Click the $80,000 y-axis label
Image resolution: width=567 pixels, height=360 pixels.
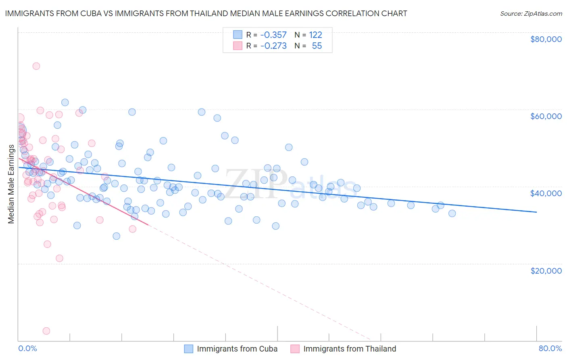[546, 39]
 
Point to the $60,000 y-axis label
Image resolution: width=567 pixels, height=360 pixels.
[546, 116]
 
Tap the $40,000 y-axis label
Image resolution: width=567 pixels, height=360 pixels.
[546, 193]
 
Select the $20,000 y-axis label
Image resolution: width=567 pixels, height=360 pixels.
[546, 270]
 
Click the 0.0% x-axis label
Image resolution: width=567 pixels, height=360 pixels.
[27, 348]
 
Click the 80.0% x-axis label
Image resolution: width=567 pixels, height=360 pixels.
[550, 348]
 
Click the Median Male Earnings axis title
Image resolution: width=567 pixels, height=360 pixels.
[11, 184]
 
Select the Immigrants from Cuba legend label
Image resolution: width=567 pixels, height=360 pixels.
[237, 349]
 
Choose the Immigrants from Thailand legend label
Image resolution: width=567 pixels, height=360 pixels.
[350, 349]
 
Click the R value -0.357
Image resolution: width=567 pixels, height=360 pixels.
[273, 35]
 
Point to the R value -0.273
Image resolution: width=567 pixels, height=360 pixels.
[273, 46]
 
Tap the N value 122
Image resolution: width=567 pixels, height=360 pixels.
[315, 35]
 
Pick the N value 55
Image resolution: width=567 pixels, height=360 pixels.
[317, 46]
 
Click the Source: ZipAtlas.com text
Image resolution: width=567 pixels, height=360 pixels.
[531, 14]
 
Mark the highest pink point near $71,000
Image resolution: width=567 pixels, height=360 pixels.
[36, 66]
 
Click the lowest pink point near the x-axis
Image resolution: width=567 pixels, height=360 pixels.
[46, 331]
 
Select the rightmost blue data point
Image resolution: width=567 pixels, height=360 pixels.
[452, 213]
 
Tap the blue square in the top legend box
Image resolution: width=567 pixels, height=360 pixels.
[238, 35]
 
